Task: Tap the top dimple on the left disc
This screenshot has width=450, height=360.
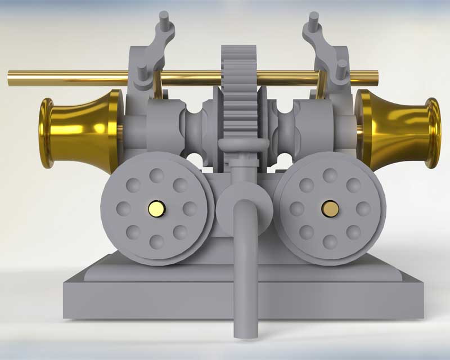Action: click(x=157, y=176)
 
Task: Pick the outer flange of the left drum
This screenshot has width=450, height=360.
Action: click(x=45, y=133)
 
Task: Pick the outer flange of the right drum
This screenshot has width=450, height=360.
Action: click(x=433, y=133)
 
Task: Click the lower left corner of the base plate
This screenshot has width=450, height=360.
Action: click(x=64, y=317)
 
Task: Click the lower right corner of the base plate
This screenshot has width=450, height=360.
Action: click(x=422, y=317)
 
